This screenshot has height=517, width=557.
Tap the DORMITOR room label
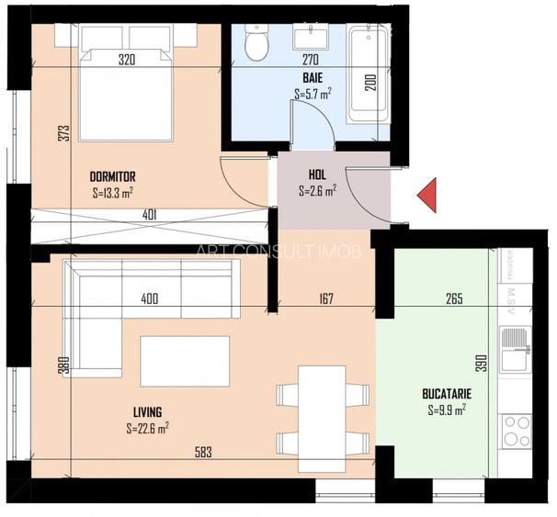[113, 176]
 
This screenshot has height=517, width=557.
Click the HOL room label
[317, 174]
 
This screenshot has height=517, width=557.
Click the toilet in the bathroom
[256, 41]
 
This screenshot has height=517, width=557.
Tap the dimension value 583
[205, 451]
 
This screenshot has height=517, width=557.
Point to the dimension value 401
[149, 216]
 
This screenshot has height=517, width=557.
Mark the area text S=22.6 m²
[147, 427]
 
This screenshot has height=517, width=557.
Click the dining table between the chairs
[323, 410]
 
